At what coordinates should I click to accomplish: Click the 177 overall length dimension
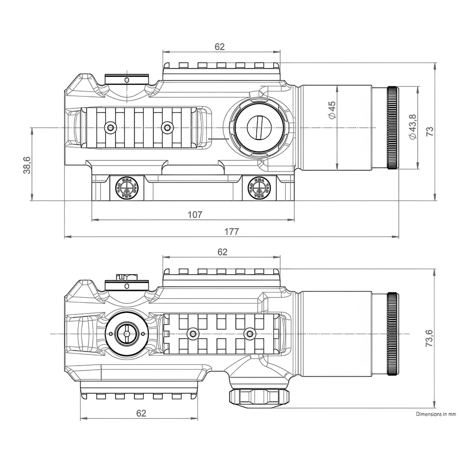click(231, 231)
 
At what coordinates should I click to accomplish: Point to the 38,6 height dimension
click(26, 165)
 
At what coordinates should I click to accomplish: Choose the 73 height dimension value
click(430, 131)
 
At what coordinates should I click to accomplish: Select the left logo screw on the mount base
click(124, 188)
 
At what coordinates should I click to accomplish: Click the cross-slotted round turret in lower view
click(126, 333)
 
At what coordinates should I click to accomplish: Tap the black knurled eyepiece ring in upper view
click(393, 128)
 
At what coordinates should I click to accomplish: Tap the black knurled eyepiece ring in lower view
click(393, 334)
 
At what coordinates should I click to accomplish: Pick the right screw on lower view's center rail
click(250, 333)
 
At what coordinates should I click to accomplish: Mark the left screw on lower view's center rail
click(192, 333)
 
